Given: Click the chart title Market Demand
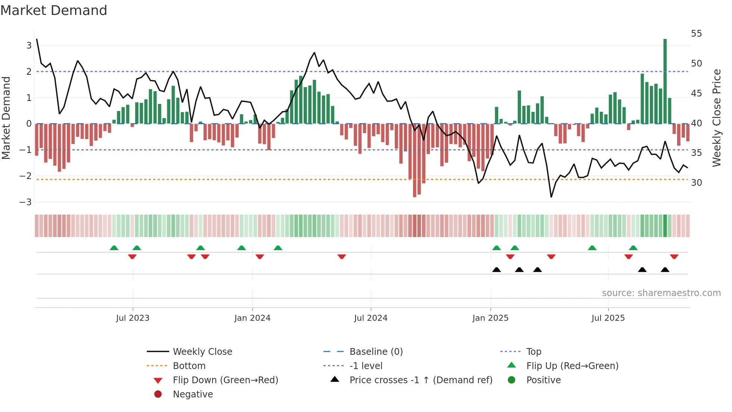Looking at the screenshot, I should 54,10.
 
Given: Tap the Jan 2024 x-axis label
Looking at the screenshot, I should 252,318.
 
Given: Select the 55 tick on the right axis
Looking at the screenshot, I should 696,34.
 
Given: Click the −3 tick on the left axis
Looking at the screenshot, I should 26,202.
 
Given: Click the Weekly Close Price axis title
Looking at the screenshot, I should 716,118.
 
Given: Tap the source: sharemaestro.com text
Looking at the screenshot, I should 661,293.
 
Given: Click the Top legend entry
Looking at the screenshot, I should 533,352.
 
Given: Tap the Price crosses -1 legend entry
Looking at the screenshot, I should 421,380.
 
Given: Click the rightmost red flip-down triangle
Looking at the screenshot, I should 674,257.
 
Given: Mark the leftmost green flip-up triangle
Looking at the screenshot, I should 114,248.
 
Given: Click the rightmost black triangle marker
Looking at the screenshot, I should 665,270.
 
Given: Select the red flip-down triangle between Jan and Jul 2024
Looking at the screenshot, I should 341,257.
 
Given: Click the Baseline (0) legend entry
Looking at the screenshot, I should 376,352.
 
